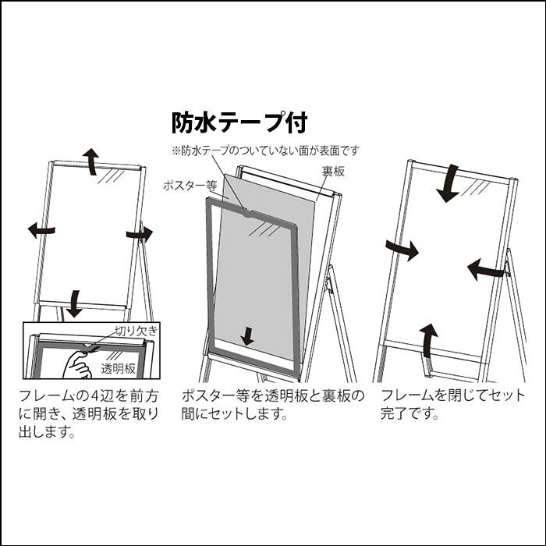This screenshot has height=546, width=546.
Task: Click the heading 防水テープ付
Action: click(239, 122)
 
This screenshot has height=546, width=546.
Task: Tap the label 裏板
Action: click(333, 172)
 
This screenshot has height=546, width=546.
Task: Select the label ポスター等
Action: click(190, 186)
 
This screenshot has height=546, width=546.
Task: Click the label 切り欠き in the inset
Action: click(136, 331)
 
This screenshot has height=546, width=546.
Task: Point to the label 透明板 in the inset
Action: click(118, 368)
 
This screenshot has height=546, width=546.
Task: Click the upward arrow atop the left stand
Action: click(91, 161)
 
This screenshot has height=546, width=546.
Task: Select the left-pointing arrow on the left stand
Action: click(41, 230)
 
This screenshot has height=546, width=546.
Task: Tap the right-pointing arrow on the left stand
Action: click(140, 234)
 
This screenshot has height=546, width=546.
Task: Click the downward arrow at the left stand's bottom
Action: click(74, 303)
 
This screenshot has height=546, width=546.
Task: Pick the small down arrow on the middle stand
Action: click(247, 336)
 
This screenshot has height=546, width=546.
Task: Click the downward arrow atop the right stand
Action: click(448, 183)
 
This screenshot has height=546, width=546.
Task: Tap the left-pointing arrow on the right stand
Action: click(486, 270)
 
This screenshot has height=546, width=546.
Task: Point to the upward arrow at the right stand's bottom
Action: click(429, 341)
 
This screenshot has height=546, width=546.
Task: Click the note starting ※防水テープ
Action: click(265, 151)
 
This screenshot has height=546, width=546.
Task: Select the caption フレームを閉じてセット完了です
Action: click(452, 404)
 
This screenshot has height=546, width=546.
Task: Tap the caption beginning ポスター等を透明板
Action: click(273, 404)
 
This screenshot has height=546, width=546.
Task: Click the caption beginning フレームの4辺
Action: click(89, 413)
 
